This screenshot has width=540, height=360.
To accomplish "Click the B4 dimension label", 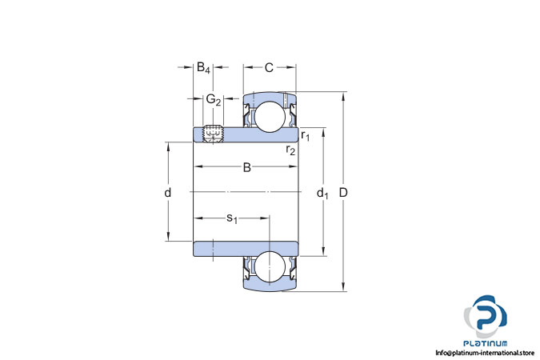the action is [x=203, y=68].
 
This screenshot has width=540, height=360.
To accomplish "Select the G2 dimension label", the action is [x=213, y=99].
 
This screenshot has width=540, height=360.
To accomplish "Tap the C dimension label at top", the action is [x=269, y=67].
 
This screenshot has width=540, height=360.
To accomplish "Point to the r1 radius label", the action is [x=305, y=135].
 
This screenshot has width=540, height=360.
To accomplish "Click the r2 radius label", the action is [x=290, y=150].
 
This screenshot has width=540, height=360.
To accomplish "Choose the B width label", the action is [x=247, y=167].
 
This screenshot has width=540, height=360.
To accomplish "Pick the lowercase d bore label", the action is [x=167, y=192].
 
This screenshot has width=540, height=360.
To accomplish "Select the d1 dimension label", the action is [x=322, y=194].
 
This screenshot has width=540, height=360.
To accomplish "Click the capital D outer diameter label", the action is [x=343, y=193].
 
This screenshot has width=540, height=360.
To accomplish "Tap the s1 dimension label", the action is [x=232, y=218].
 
